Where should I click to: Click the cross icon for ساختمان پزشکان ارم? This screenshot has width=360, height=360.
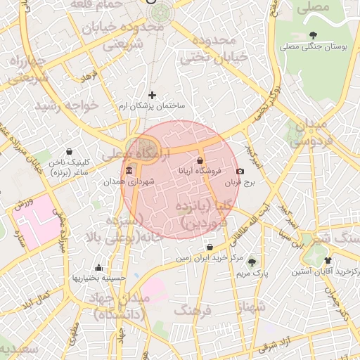point(152,95)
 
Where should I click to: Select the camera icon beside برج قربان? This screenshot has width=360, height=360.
point(240,172)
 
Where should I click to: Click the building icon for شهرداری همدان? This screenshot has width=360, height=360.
point(128,171)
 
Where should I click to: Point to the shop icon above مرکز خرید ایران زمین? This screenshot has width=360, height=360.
point(211,247)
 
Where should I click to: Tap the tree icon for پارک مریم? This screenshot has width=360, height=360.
point(252,262)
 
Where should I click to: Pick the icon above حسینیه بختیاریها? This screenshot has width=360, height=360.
point(98,267)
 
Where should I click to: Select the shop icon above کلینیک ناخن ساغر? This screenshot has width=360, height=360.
point(69,151)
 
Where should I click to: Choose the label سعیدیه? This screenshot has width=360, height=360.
point(17,348)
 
